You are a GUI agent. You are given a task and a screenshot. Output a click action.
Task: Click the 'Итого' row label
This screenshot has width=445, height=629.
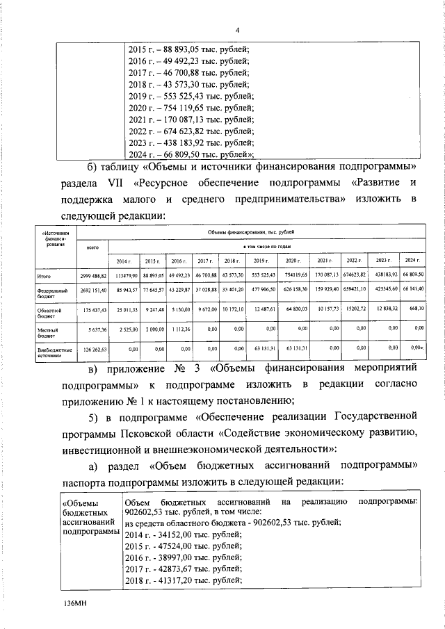46,276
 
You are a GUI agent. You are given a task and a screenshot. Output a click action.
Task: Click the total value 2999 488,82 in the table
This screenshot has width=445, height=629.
91,276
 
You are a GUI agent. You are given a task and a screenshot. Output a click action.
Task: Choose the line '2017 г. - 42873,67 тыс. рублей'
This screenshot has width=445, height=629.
184,568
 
